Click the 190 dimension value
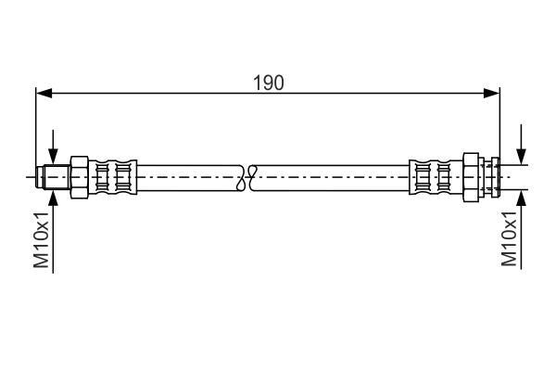269,83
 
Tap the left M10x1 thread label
42,239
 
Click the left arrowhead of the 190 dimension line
44,94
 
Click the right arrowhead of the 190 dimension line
491,94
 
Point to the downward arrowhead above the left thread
53,156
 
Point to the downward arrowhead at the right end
521,156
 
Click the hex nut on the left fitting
80,177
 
